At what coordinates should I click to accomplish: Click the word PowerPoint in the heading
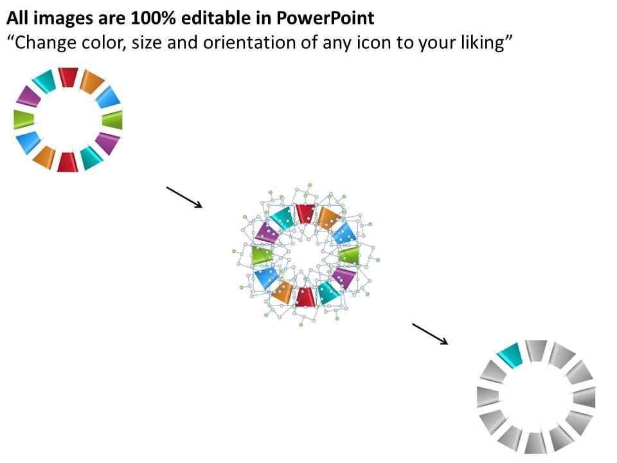click(325, 18)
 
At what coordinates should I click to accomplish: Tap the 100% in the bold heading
click(152, 18)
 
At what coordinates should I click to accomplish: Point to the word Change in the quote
click(42, 42)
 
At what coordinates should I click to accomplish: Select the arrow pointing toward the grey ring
click(430, 334)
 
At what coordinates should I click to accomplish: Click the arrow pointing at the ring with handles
click(184, 197)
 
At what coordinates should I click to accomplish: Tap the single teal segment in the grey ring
click(510, 355)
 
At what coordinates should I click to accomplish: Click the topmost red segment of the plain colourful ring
click(68, 77)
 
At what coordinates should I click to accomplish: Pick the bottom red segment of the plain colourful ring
click(67, 162)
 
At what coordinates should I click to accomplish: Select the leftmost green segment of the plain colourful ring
click(24, 120)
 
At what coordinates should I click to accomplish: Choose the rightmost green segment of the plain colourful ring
click(112, 120)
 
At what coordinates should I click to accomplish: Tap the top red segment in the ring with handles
click(305, 213)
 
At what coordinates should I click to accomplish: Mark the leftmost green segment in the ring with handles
click(262, 255)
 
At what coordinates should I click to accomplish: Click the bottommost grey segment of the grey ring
click(535, 443)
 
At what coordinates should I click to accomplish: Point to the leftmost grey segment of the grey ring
click(488, 397)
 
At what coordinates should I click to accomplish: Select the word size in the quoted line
click(147, 42)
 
